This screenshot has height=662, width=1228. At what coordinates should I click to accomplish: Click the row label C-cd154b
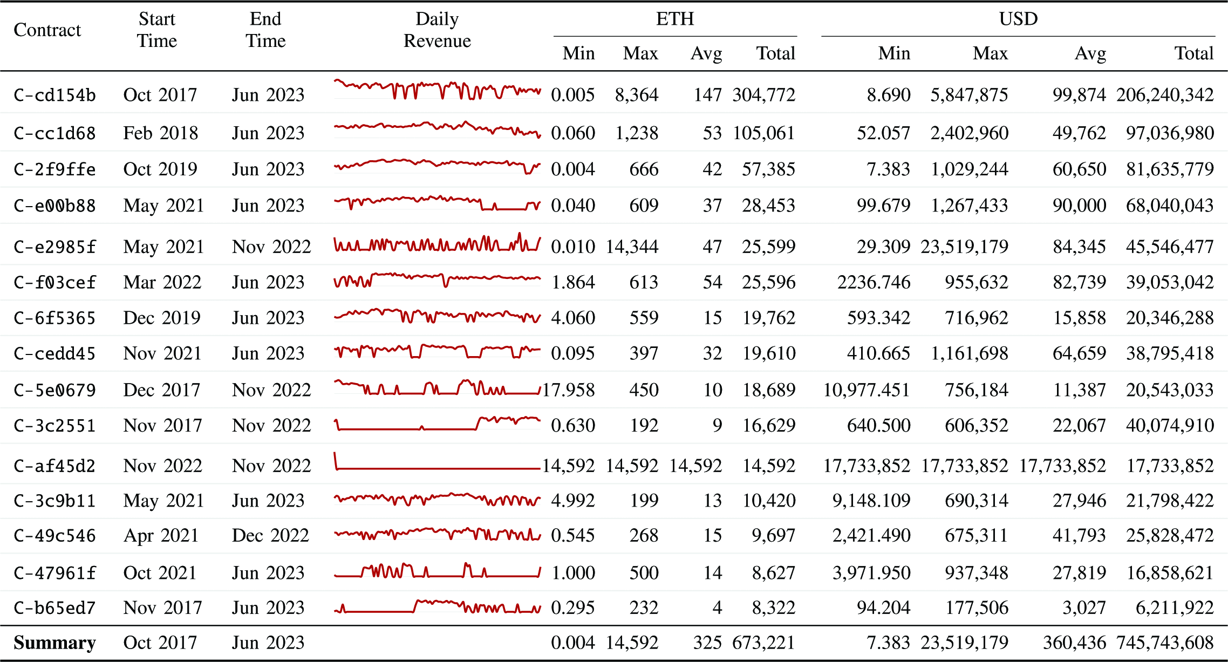point(54,95)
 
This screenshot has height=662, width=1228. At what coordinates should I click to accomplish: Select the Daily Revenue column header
point(437,30)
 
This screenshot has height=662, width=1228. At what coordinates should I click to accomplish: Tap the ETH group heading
point(674,19)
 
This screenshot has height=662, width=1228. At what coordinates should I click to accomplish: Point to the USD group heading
point(1018,19)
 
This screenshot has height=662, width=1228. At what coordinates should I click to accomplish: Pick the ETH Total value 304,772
point(763,95)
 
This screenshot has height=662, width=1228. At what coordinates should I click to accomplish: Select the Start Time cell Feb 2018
point(160,133)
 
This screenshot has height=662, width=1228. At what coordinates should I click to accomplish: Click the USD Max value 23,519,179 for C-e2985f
point(964,247)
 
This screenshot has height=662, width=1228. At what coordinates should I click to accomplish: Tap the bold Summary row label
point(54,643)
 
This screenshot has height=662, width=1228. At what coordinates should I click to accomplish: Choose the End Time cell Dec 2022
point(270,535)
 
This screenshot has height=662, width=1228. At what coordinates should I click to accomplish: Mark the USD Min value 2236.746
point(874,282)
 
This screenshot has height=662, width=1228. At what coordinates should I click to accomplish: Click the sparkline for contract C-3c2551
point(437,424)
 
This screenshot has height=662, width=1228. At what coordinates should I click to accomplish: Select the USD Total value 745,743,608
point(1165,643)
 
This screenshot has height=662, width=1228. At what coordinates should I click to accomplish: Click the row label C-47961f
point(54,572)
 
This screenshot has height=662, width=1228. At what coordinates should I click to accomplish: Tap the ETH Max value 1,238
point(637,133)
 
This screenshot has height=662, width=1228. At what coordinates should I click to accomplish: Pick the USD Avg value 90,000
point(1079,206)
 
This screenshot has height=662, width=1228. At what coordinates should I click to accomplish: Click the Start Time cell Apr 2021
point(161,535)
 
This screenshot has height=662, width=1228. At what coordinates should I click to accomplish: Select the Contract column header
point(47,30)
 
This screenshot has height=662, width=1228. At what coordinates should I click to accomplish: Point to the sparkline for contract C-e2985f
point(437,244)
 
